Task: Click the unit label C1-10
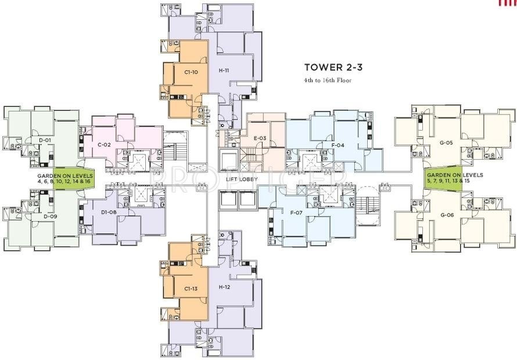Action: pyautogui.click(x=191, y=72)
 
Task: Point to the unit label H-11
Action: pyautogui.click(x=224, y=70)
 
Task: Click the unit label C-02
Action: pyautogui.click(x=104, y=144)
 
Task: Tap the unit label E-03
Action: pyautogui.click(x=260, y=138)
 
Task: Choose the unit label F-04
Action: pyautogui.click(x=338, y=145)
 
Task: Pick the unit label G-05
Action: pyautogui.click(x=446, y=142)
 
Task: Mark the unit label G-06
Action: pyautogui.click(x=446, y=215)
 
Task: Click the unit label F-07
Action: pyautogui.click(x=296, y=212)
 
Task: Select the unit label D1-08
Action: pyautogui.click(x=109, y=212)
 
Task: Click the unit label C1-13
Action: pyautogui.click(x=191, y=289)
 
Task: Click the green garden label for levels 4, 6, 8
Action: pyautogui.click(x=64, y=178)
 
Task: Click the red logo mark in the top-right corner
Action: pyautogui.click(x=507, y=3)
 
